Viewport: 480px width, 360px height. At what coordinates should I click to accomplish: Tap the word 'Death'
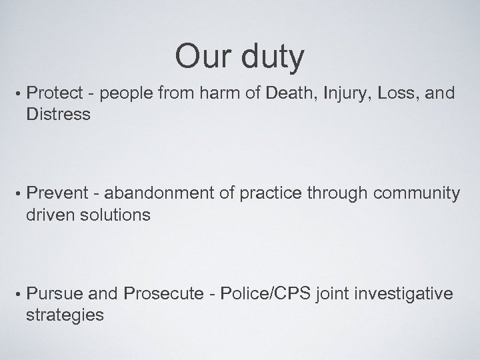(x=291, y=94)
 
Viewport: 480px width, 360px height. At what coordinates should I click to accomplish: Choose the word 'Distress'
(x=57, y=114)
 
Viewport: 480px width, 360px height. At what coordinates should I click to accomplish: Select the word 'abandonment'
(x=157, y=194)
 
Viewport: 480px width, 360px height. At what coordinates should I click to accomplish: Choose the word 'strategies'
(x=65, y=314)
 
